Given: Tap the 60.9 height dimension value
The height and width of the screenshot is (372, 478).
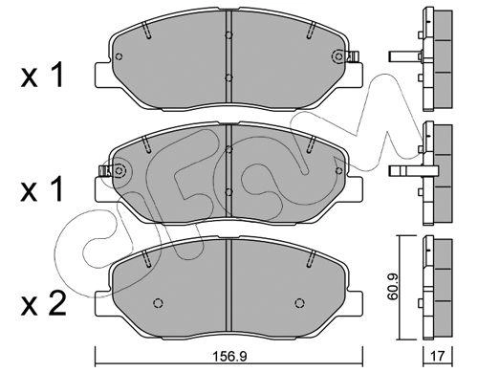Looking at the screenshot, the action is coord(393,288).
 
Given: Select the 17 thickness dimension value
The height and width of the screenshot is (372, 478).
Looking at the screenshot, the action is coord(437,356).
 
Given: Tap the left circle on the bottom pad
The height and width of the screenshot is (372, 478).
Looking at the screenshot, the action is coord(159,302).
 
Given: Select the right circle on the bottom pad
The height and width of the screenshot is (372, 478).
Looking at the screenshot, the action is coord(299,302).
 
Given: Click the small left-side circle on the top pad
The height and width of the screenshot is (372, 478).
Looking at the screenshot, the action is coord(119,56).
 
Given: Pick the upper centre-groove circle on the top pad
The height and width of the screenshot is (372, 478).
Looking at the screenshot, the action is coord(228,35).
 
